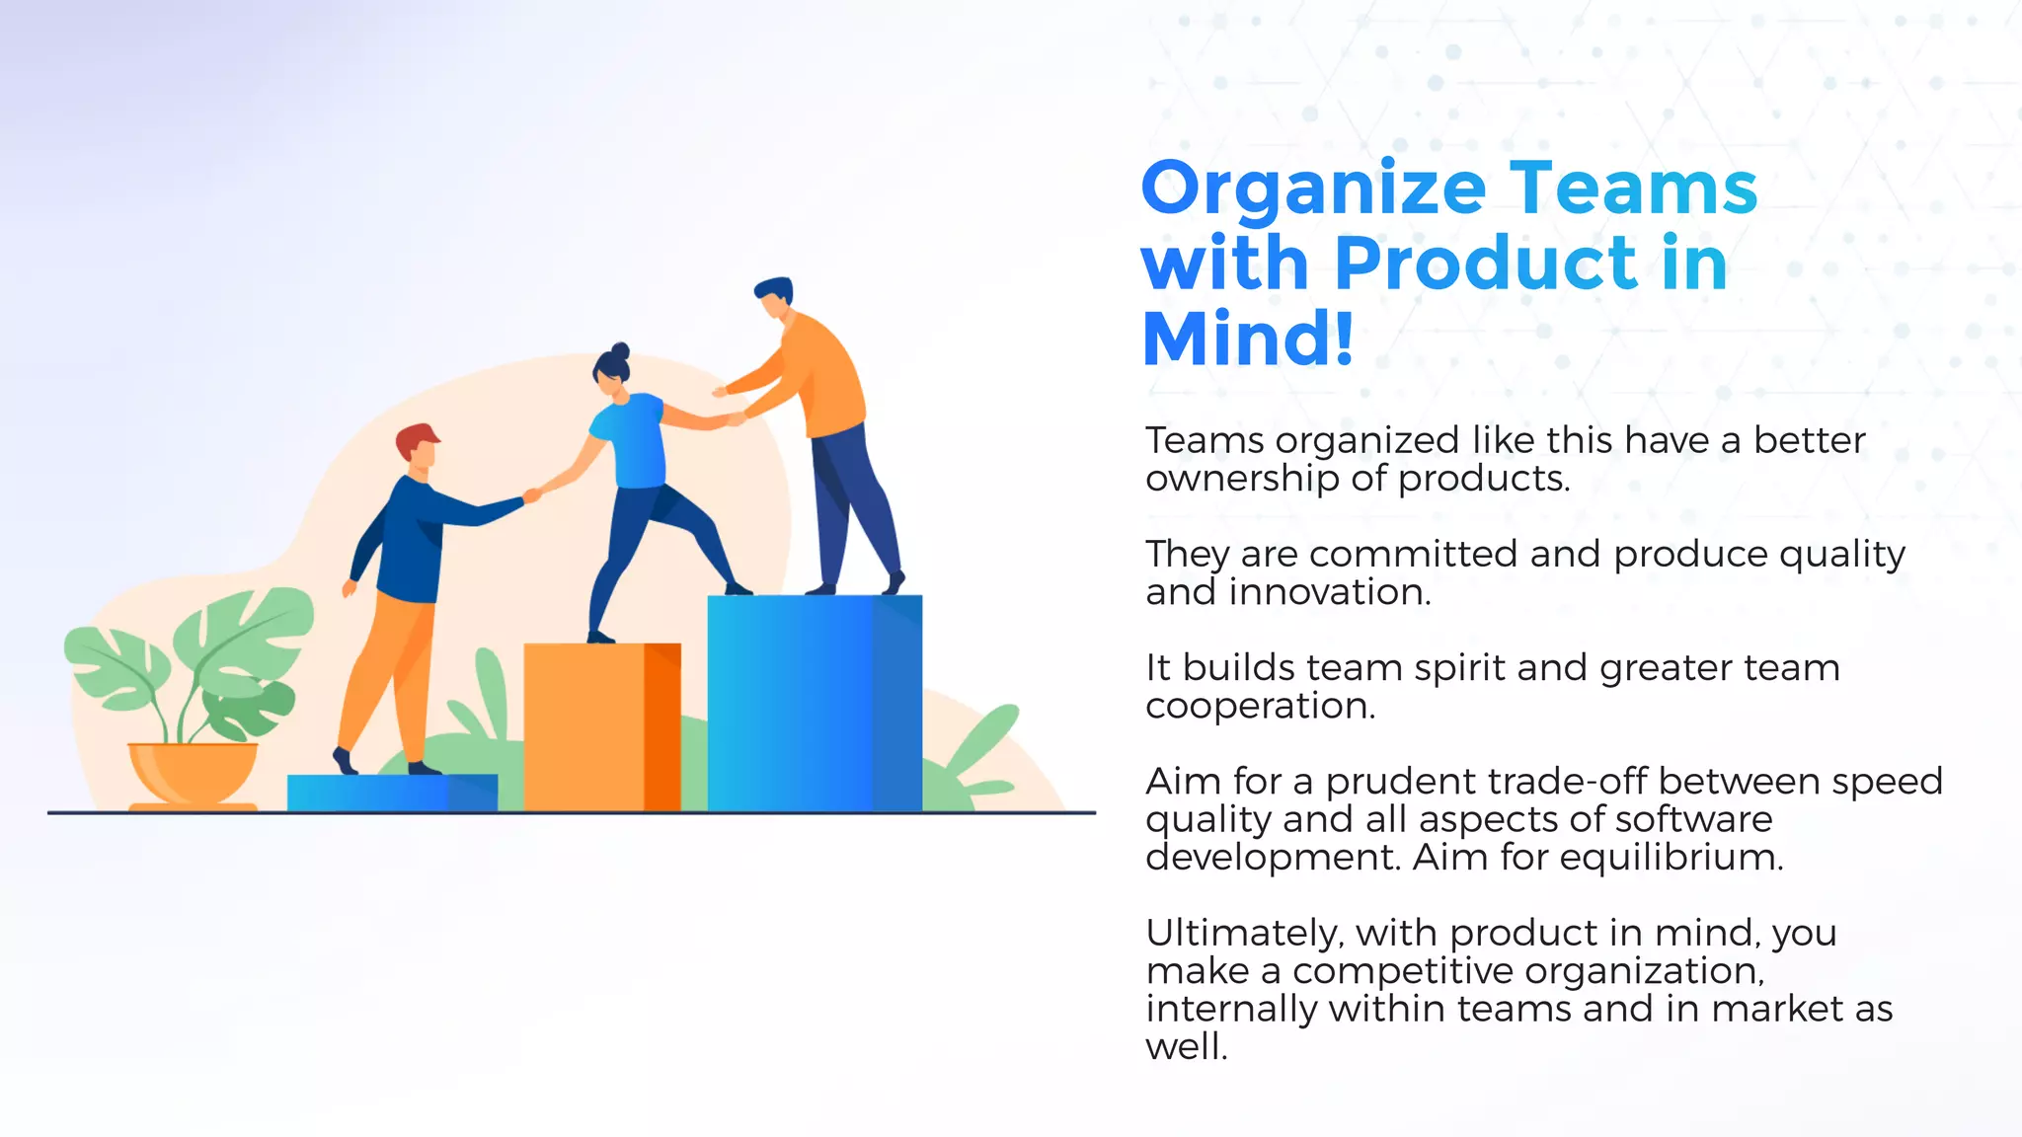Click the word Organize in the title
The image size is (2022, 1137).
tap(1313, 189)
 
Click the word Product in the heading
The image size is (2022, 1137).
tap(1487, 264)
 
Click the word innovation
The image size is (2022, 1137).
tap(1330, 593)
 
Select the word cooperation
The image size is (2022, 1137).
tap(1260, 707)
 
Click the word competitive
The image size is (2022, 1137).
tap(1396, 971)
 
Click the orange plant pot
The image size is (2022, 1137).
tap(194, 772)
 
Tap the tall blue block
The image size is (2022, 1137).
tap(814, 703)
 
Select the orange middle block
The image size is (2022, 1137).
tap(600, 726)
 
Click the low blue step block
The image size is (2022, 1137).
tap(392, 793)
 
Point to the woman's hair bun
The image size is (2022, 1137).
tap(620, 351)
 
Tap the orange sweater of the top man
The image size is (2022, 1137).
tap(819, 375)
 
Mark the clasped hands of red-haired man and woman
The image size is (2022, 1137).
tap(532, 494)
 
